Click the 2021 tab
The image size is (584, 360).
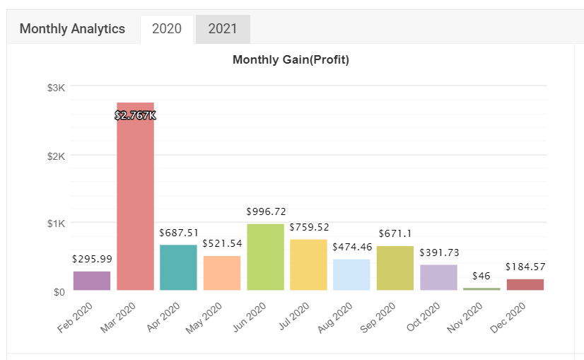pos(223,29)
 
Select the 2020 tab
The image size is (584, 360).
pos(167,29)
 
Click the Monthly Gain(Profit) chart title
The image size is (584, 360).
pos(291,59)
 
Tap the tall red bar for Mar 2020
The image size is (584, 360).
pos(135,196)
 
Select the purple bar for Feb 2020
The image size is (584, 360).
pos(92,281)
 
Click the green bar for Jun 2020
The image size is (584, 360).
pos(266,257)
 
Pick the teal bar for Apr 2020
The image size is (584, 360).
pos(178,267)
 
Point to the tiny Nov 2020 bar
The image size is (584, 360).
pos(481,289)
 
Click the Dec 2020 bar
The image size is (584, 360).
pos(525,284)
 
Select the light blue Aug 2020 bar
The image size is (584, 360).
pos(351,274)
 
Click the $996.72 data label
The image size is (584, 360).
pos(266,211)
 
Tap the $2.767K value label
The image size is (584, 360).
pos(135,115)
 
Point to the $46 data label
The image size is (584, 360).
pos(481,276)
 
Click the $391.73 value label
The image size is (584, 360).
pos(439,252)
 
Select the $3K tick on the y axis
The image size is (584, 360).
pos(56,88)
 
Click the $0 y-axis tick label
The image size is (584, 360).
pos(59,292)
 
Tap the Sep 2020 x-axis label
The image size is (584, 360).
pos(378,318)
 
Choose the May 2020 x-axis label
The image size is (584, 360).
pos(204,318)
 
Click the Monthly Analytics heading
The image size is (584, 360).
pos(72,29)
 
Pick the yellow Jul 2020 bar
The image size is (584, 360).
pos(308,265)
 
